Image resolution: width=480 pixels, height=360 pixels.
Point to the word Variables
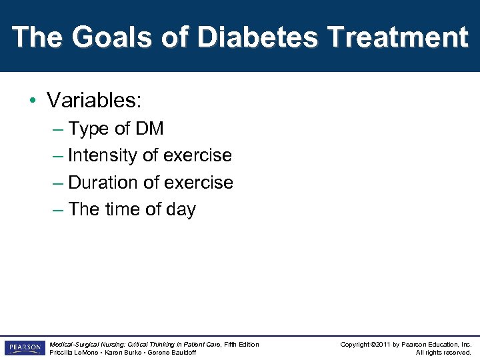point(93,101)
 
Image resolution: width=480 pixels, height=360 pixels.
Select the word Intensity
point(103,155)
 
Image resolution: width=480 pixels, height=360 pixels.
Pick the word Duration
point(103,182)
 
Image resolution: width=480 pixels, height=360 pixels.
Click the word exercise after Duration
point(198,182)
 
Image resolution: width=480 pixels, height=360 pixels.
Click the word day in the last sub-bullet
point(181,209)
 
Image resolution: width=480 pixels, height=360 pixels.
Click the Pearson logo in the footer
point(23,348)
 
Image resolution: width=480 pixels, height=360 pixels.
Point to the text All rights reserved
point(443,353)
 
